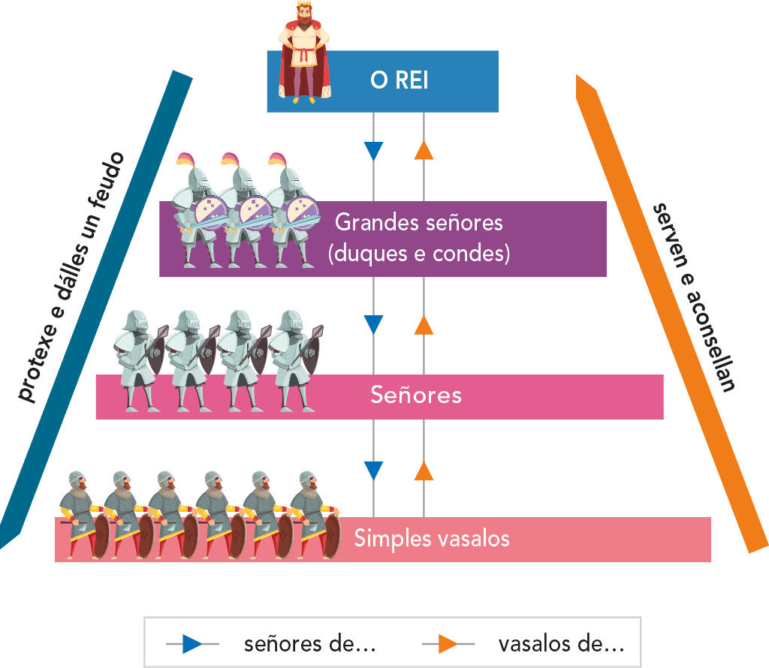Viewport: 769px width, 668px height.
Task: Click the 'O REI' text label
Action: [399, 80]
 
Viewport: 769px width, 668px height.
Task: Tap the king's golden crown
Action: [303, 8]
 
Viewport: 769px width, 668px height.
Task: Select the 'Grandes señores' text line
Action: [418, 223]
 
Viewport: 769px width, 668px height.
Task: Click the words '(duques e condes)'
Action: [419, 254]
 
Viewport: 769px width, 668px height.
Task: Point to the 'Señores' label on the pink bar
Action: [415, 395]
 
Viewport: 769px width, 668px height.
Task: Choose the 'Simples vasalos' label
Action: [432, 538]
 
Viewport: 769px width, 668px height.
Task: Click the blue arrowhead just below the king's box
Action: [373, 151]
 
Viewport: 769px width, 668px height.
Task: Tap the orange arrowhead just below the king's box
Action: [424, 151]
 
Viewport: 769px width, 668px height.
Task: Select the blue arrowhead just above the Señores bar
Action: [373, 324]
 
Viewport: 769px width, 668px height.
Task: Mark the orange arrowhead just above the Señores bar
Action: [424, 324]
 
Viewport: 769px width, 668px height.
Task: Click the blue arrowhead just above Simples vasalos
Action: [373, 471]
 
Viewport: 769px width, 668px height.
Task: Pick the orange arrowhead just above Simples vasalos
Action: [424, 471]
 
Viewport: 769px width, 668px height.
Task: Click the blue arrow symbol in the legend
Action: [191, 644]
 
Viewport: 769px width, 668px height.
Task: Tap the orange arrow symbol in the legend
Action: [448, 644]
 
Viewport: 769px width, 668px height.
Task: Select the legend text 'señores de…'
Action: [309, 644]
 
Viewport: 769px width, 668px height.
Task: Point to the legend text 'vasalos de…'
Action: [561, 644]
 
